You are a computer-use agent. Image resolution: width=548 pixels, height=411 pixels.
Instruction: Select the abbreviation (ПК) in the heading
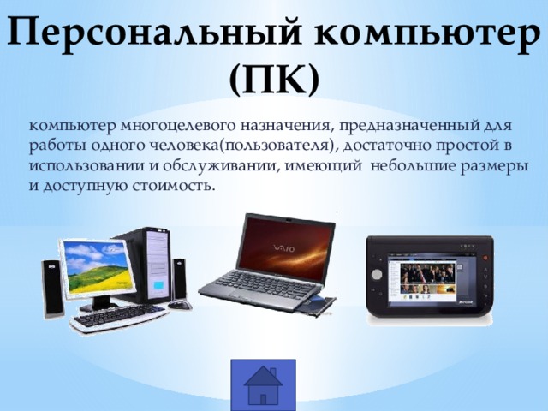[x=274, y=79]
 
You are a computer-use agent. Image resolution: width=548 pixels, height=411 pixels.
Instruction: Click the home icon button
[x=263, y=385]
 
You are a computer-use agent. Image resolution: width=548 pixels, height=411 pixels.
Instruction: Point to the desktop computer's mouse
[x=180, y=305]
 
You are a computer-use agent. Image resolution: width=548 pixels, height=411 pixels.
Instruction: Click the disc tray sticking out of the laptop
[x=318, y=302]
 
